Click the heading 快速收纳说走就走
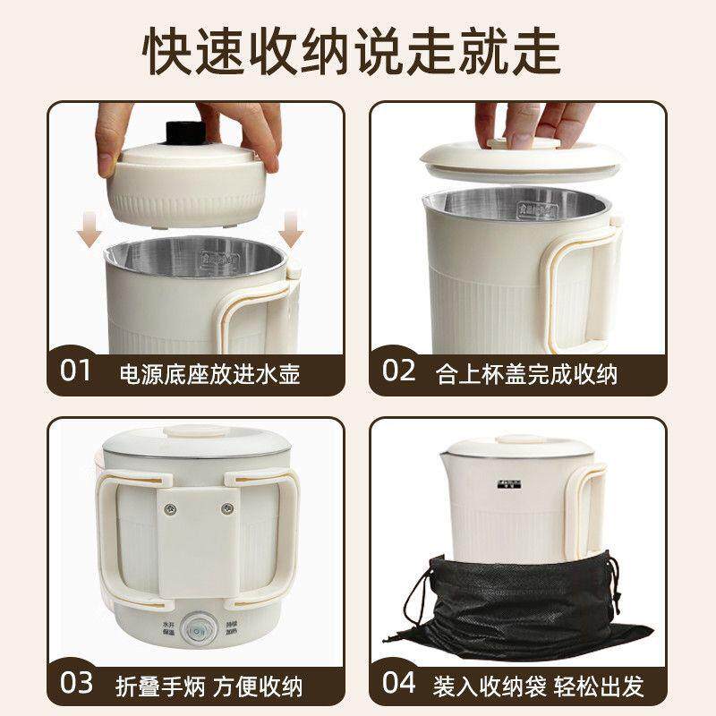click(358, 49)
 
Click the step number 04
click(399, 683)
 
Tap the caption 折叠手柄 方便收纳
click(210, 685)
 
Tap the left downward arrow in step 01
click(87, 235)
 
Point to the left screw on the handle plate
click(167, 508)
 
